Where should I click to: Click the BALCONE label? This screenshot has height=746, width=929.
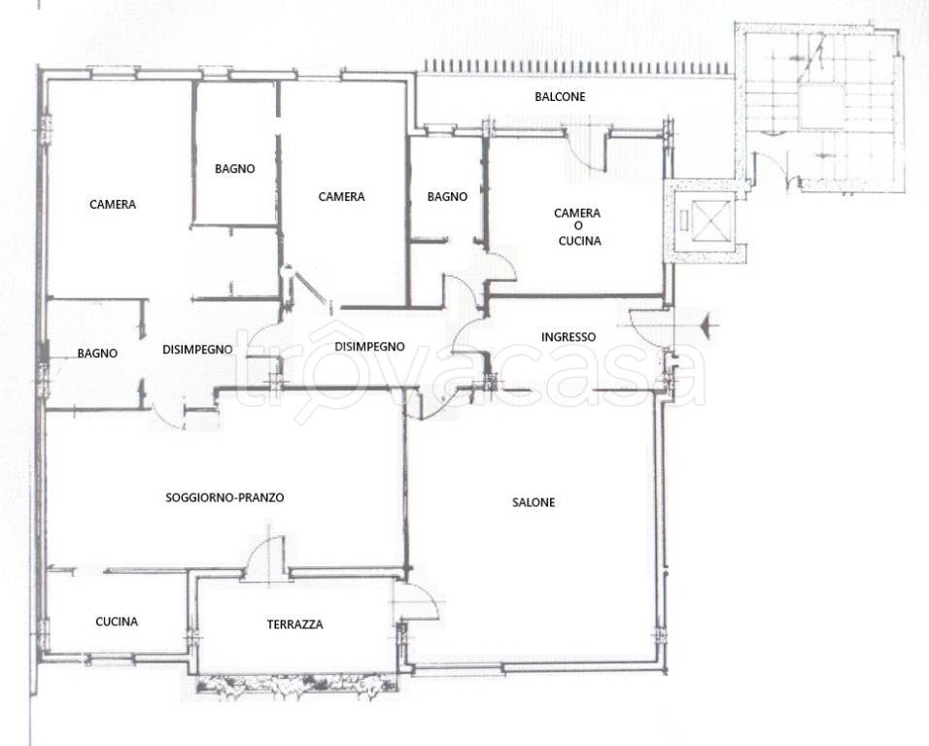(560, 96)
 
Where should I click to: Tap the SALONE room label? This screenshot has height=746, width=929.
(533, 502)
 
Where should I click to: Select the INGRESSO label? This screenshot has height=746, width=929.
(568, 337)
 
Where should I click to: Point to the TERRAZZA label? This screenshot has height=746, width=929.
(295, 624)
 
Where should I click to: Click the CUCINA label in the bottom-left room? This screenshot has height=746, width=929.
(117, 622)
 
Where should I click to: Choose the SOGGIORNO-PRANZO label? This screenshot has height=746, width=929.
(224, 498)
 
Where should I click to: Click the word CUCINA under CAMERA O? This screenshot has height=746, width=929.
(579, 241)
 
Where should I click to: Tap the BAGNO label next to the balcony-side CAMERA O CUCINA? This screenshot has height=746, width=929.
(447, 196)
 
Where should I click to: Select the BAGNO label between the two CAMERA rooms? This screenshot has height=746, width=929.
(234, 169)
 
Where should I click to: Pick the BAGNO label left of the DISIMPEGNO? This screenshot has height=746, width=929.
(97, 354)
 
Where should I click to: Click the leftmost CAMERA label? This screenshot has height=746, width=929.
(113, 204)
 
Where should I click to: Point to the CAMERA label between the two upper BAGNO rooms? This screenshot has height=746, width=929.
(341, 196)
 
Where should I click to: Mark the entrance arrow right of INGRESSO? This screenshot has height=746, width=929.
(708, 325)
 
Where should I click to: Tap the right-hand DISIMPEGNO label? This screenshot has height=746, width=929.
(369, 347)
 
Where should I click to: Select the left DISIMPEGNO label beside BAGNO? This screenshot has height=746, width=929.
(197, 350)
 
